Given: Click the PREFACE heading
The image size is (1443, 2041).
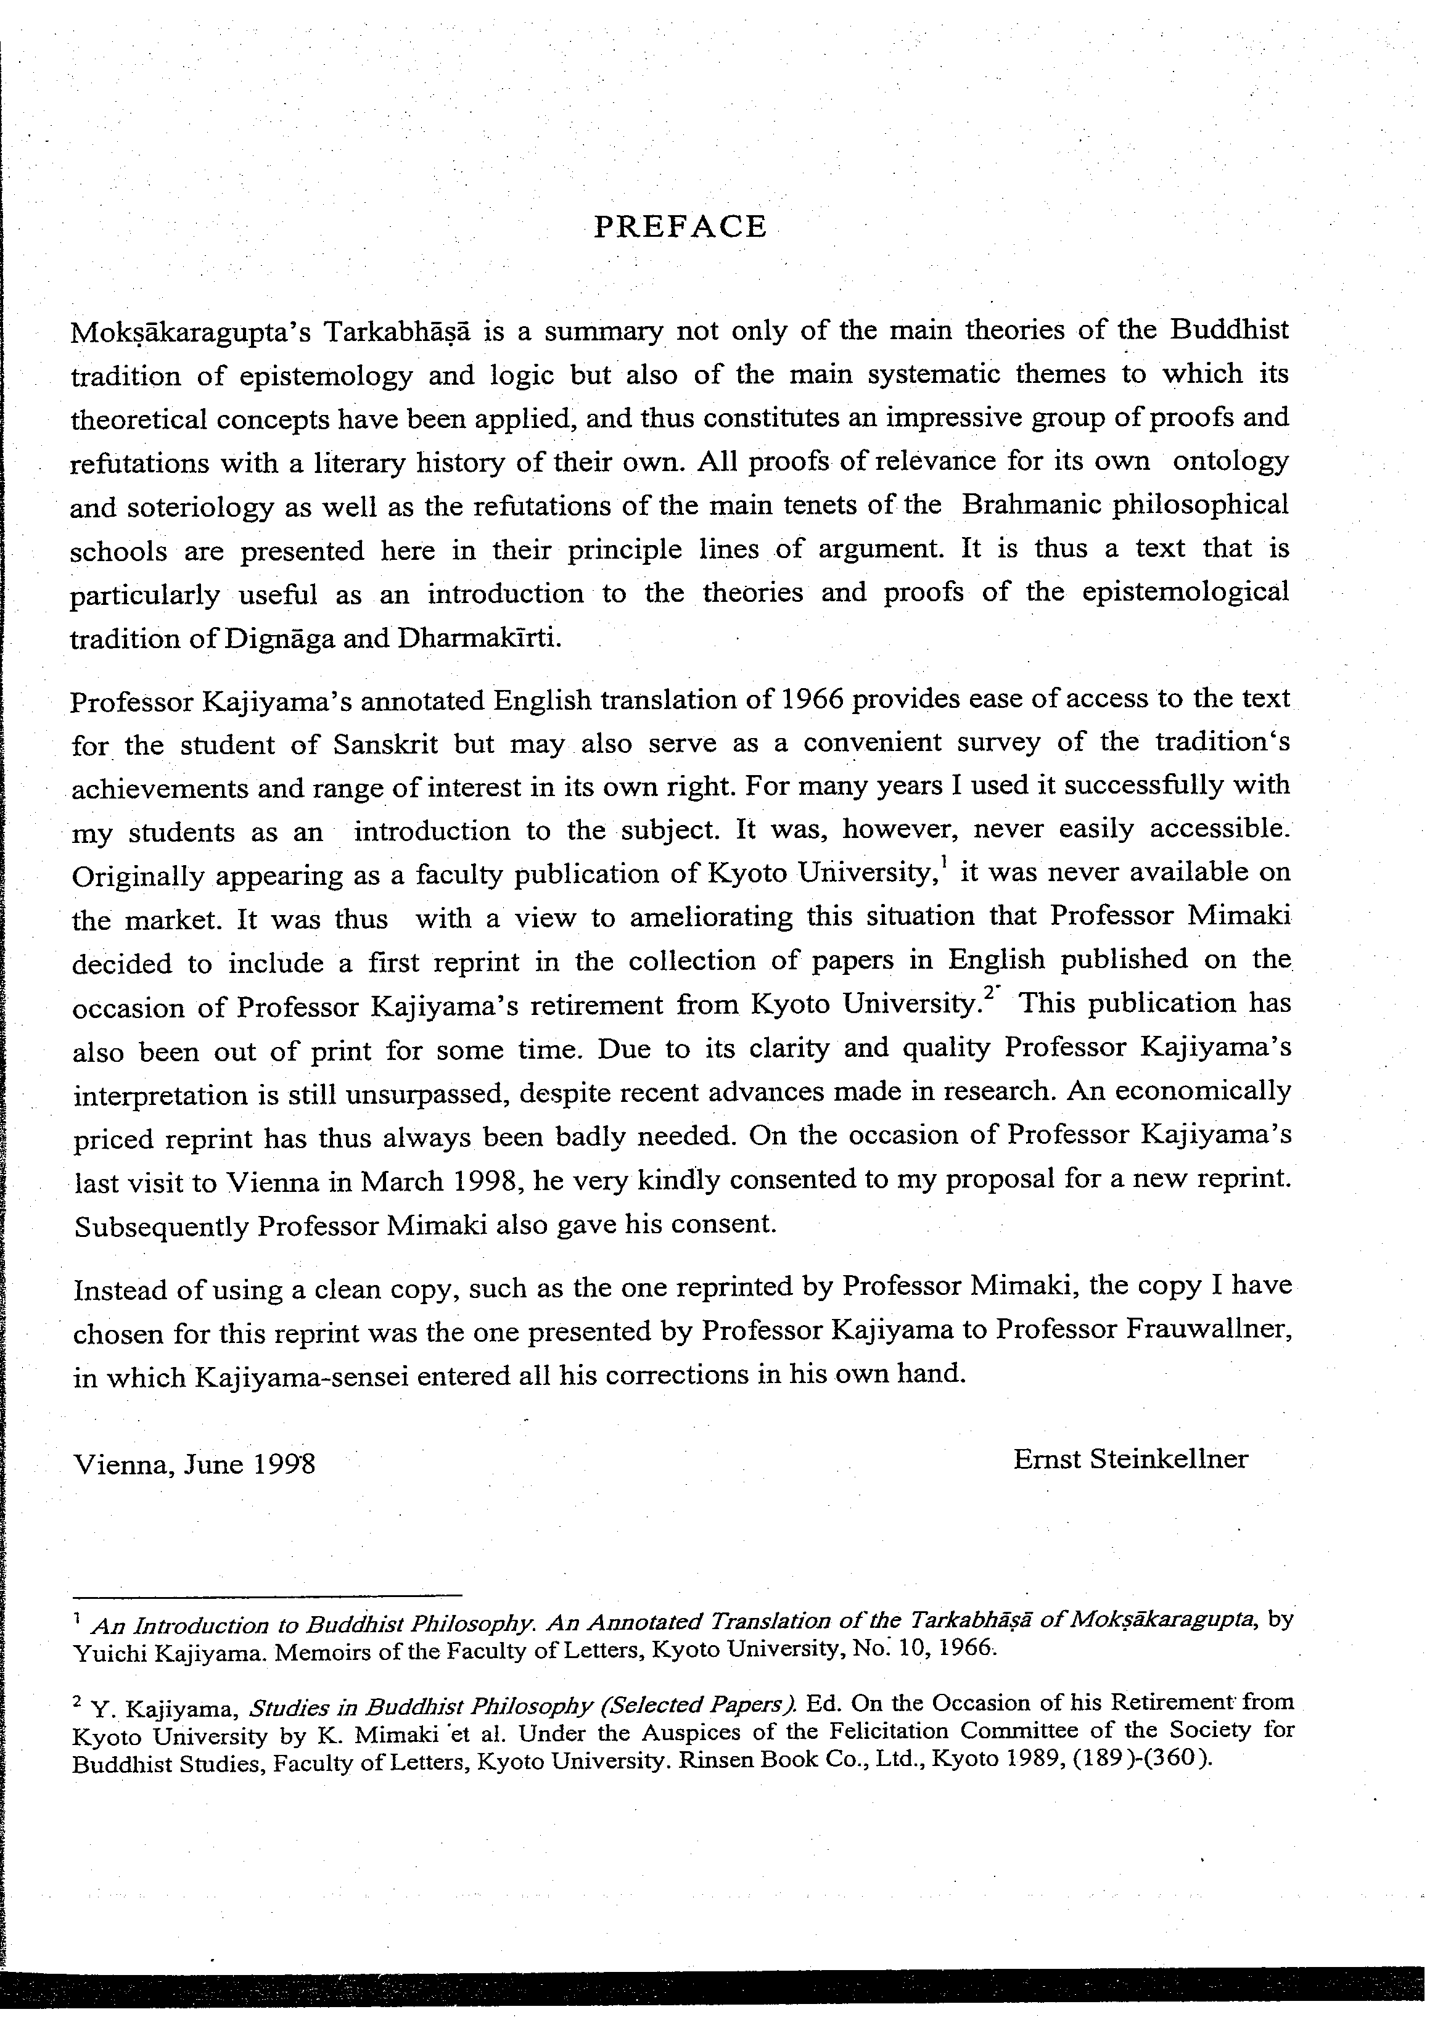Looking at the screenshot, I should point(680,228).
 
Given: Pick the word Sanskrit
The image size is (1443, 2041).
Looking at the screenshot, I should point(385,743).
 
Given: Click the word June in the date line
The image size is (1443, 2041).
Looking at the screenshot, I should point(214,1464).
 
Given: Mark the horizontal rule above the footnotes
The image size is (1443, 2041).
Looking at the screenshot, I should point(267,1596).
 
